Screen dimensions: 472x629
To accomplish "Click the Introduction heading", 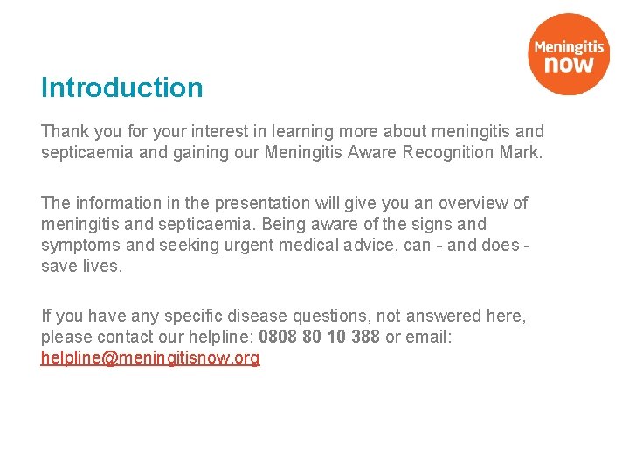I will tap(121, 87).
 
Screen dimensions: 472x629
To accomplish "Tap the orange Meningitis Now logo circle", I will tap(569, 53).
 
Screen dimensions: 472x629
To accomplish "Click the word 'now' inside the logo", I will tap(569, 63).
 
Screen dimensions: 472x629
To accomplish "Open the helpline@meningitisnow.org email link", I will tap(150, 358).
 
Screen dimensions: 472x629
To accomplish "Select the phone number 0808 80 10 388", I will tap(320, 337).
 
